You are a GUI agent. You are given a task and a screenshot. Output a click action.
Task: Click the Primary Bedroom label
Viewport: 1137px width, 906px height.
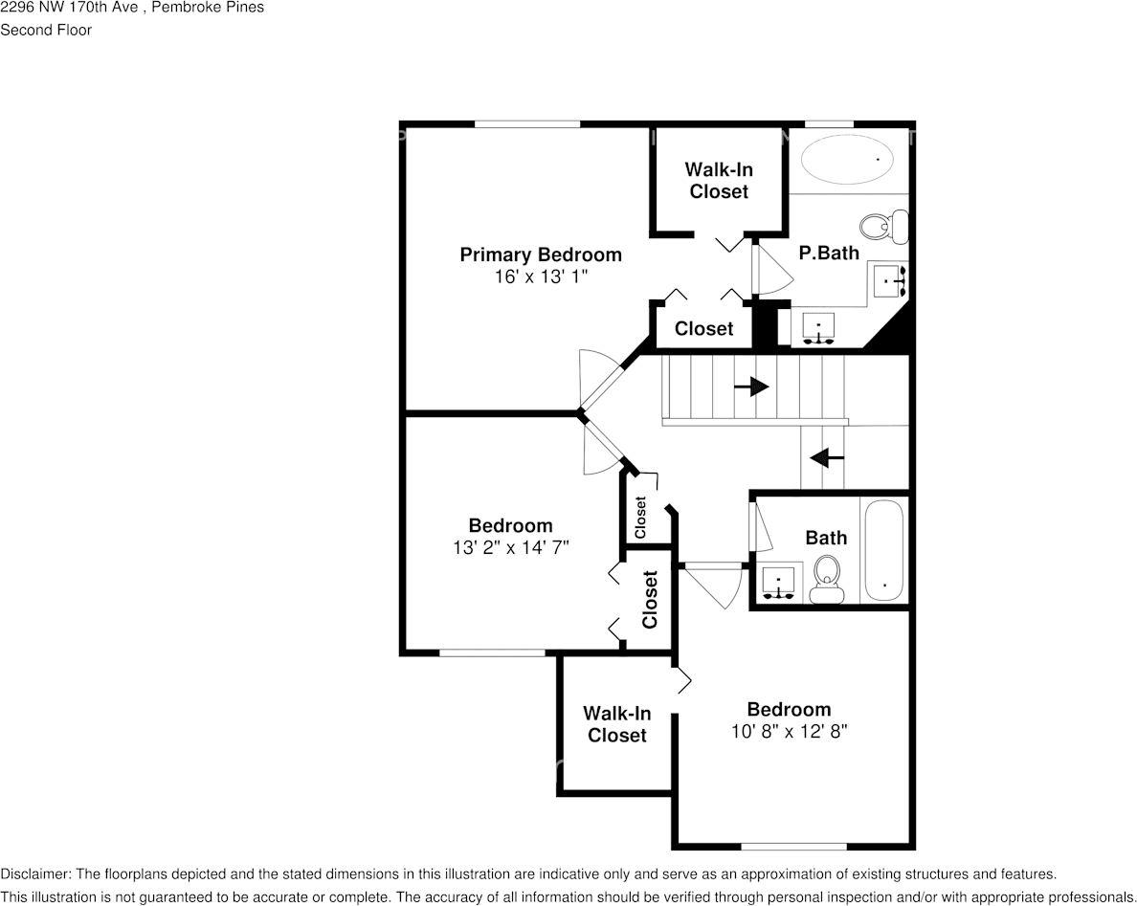[541, 254]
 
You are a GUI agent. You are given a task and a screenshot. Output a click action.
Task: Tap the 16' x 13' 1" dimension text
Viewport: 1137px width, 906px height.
[541, 276]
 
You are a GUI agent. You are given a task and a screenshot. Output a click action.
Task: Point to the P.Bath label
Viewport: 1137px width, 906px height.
[829, 253]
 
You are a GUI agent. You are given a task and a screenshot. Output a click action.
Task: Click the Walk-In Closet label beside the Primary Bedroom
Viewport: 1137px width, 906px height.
[719, 180]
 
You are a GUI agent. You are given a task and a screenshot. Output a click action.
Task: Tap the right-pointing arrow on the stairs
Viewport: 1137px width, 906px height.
[751, 387]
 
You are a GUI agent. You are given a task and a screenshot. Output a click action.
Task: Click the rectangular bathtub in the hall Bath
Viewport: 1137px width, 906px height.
[883, 550]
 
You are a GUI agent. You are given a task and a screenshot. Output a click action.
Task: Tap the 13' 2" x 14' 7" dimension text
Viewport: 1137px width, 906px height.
[510, 547]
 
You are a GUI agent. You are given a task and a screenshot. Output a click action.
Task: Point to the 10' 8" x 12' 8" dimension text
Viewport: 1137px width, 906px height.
[789, 731]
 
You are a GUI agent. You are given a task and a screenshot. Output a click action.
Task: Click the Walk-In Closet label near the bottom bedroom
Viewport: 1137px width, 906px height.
[617, 724]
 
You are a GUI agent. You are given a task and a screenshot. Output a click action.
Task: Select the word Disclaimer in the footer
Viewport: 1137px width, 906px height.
[33, 874]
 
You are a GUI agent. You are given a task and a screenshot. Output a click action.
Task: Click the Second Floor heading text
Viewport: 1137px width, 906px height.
[46, 30]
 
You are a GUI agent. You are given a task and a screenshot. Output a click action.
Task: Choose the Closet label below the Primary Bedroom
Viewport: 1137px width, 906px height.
[703, 328]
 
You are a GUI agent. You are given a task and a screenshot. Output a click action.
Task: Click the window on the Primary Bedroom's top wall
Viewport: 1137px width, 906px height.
[527, 123]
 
